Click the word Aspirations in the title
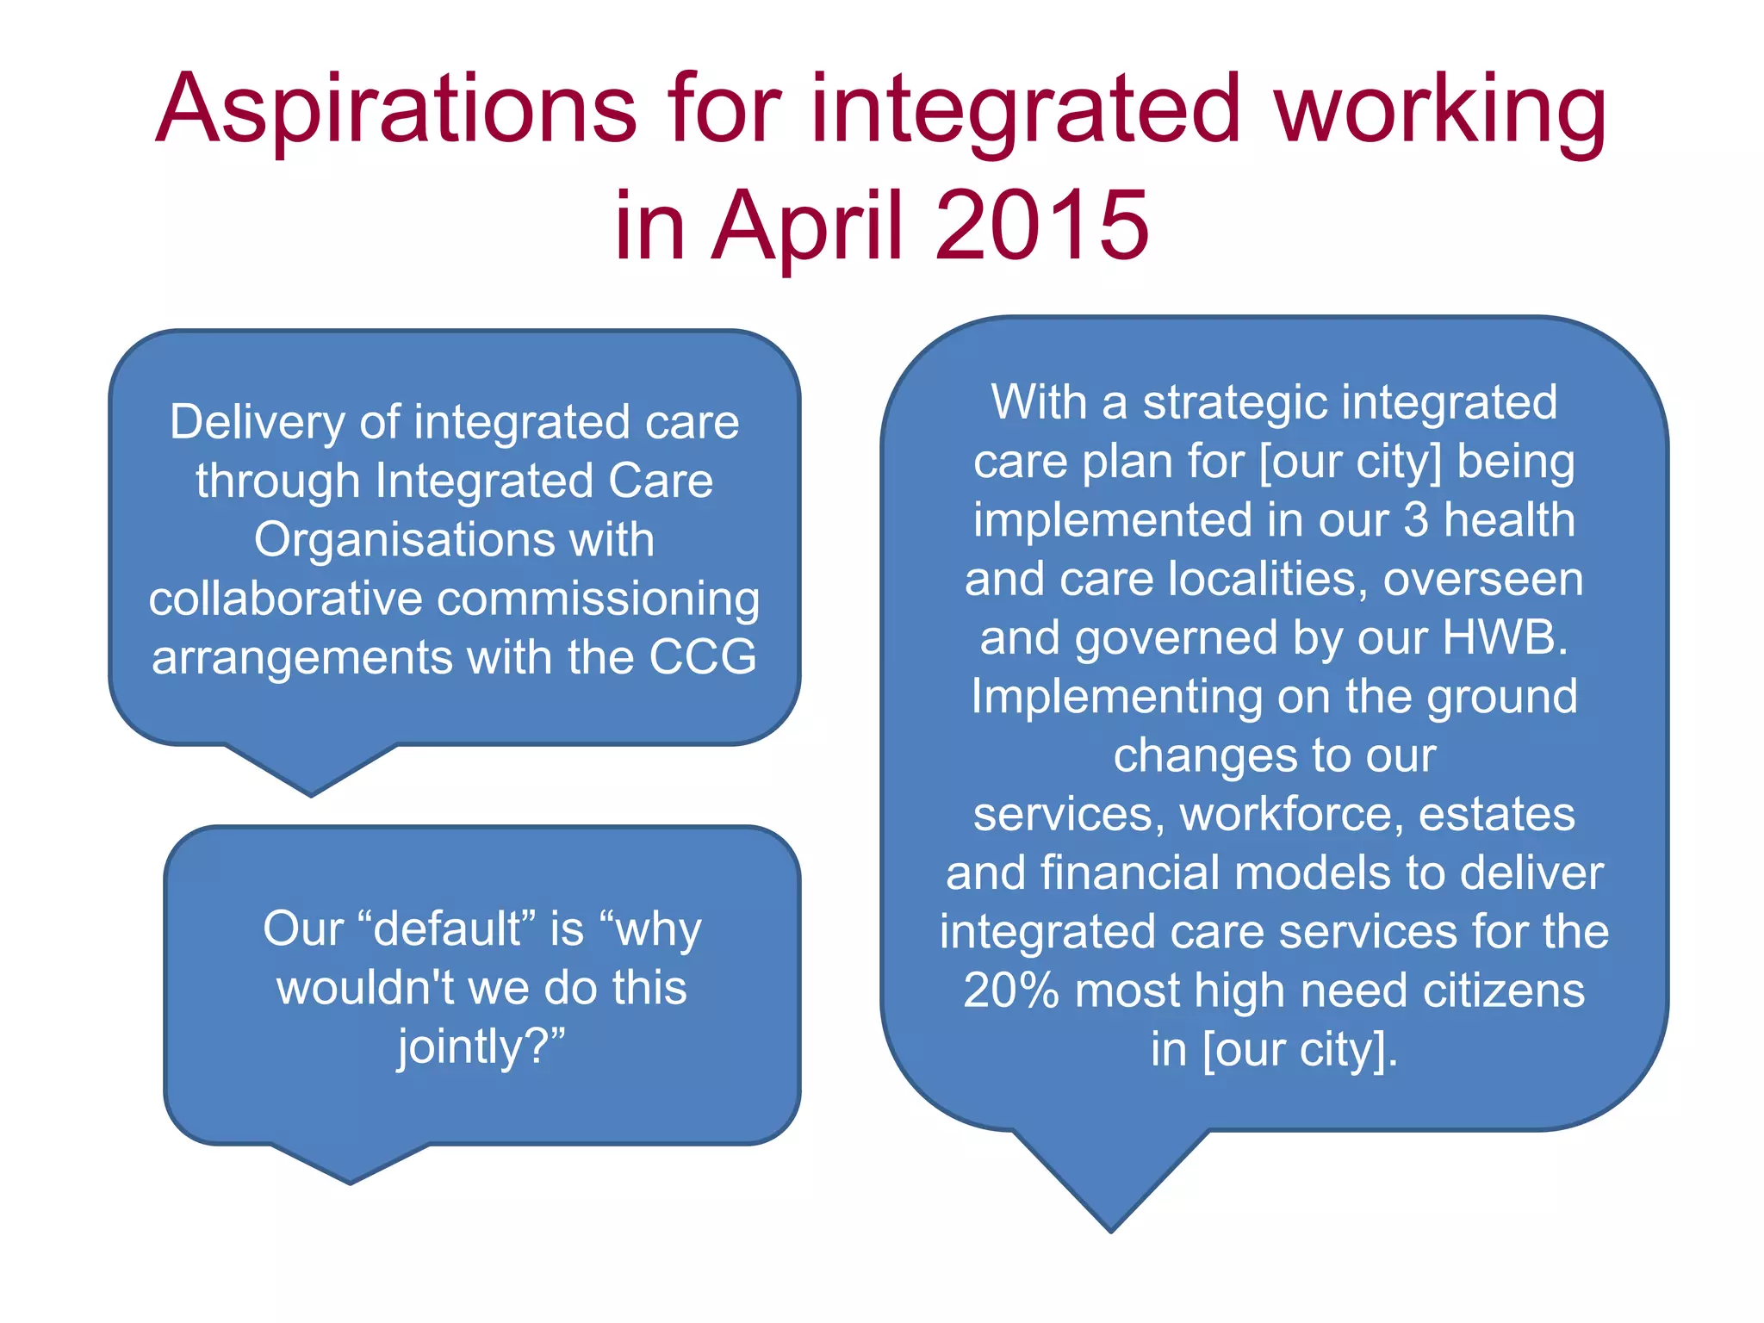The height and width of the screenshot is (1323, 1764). [x=395, y=110]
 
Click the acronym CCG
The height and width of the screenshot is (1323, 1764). [x=702, y=657]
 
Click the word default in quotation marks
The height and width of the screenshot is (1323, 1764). [x=448, y=929]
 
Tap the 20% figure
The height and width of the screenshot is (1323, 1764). [x=1010, y=991]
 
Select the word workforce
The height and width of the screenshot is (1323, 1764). [x=1290, y=815]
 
